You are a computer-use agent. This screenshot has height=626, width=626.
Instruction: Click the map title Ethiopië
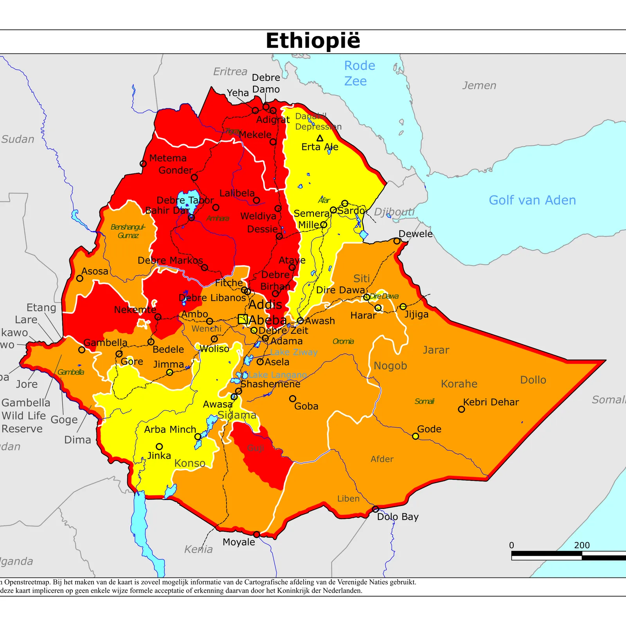click(x=313, y=41)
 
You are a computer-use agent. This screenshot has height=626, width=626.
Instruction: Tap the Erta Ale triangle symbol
click(x=320, y=138)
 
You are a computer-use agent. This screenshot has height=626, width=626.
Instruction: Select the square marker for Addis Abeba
click(x=243, y=319)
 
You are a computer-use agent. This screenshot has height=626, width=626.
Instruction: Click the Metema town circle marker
click(x=143, y=164)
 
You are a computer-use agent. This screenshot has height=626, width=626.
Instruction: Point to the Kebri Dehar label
click(x=491, y=402)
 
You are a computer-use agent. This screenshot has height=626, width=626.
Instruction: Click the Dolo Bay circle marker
click(x=375, y=509)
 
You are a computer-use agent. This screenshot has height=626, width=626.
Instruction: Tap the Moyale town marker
click(x=256, y=534)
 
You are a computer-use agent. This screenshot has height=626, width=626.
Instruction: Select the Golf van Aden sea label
click(x=532, y=200)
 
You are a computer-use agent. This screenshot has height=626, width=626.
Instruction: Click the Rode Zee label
click(x=359, y=73)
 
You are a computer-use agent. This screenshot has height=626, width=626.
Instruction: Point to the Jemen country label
click(x=479, y=85)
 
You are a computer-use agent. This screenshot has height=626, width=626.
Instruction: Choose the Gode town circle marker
click(x=416, y=436)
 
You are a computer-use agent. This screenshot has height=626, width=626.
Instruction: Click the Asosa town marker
click(x=80, y=278)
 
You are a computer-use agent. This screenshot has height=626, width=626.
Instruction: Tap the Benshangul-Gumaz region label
click(x=128, y=231)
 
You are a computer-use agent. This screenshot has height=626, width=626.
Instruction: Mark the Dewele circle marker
click(x=397, y=241)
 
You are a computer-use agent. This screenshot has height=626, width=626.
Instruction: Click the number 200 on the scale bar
click(x=581, y=545)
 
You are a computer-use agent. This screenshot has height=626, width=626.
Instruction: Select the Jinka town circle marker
click(x=159, y=446)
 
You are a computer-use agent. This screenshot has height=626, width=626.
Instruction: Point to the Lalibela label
click(x=237, y=193)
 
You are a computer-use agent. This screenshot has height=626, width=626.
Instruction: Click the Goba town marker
click(x=292, y=399)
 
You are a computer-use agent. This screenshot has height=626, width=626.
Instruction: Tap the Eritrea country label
click(x=230, y=72)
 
